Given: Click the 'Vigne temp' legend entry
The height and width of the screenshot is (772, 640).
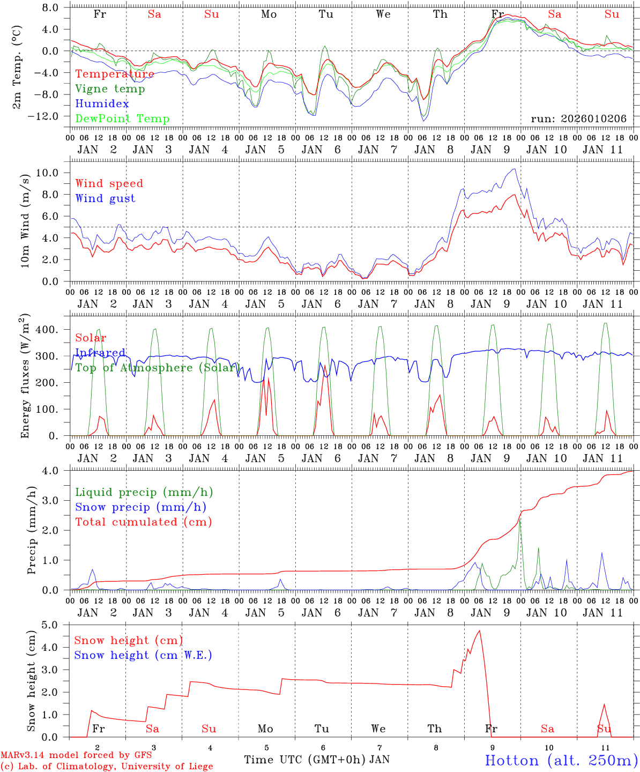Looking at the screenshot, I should pos(110,89).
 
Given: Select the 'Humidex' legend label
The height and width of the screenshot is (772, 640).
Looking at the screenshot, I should pos(102,104).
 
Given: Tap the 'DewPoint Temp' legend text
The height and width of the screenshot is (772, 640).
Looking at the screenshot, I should pos(122,119).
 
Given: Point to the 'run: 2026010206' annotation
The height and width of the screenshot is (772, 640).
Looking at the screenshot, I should pos(578,119).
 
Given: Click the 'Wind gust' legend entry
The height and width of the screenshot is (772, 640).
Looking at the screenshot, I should pos(105,198).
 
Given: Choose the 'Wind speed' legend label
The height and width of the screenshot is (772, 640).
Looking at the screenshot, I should pos(109,183).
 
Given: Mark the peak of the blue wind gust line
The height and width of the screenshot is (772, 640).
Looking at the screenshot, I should pos(515,169).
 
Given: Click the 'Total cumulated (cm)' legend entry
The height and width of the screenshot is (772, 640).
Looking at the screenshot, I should pos(144,522).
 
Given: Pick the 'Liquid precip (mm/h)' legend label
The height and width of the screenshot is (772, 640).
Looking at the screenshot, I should pos(144,492).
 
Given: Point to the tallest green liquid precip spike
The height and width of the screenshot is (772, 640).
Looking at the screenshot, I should pos(520,519).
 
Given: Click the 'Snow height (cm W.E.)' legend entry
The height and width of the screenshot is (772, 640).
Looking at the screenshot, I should pos(143,655).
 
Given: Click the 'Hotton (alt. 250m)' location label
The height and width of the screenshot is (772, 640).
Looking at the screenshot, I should pos(561,760).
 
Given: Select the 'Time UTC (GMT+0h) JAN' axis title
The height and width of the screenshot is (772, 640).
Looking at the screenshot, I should pos(316,760).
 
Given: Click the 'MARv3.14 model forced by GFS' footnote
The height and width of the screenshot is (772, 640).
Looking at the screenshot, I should pos(76,755).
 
